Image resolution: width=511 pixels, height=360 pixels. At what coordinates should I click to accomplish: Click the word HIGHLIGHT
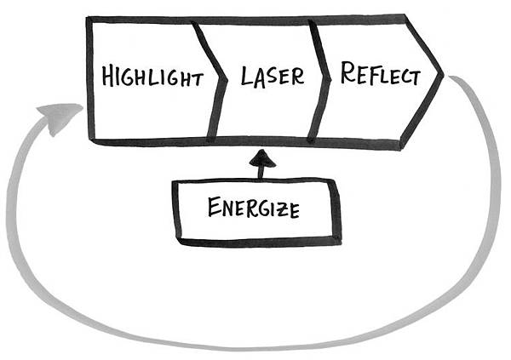coord(152,76)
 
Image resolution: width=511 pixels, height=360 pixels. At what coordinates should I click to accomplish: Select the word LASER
coord(273,77)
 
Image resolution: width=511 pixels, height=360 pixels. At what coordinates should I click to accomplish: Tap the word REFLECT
coord(381,74)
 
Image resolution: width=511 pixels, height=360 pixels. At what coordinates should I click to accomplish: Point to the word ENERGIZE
coord(254,208)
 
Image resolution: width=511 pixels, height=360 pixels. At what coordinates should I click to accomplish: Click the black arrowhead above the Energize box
coord(262,158)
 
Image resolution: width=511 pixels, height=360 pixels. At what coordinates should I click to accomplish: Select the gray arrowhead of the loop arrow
coord(60,117)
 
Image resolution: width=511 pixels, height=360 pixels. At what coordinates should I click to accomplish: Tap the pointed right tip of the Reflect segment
coord(443,75)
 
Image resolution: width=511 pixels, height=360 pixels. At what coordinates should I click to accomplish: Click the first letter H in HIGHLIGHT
coord(108,75)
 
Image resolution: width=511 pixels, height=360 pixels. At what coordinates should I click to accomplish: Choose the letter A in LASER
coord(260,79)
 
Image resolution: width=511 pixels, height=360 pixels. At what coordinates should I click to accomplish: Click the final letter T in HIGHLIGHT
coord(197,80)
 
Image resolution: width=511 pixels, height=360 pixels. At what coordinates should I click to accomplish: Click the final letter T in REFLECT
coord(415,78)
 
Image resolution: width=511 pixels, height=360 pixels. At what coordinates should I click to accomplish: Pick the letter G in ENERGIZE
coord(263,209)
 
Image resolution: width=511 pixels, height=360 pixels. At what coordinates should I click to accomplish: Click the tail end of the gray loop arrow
coord(451,77)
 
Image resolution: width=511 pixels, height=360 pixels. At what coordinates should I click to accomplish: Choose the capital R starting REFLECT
coord(348,71)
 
